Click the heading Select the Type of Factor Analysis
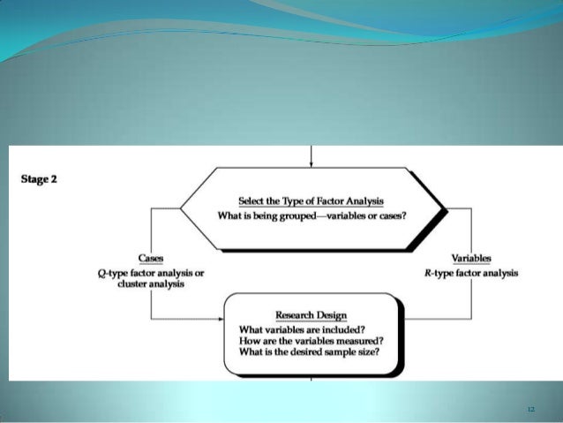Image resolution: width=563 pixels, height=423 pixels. [x=312, y=201]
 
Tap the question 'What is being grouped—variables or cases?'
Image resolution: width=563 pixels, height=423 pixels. [x=312, y=216]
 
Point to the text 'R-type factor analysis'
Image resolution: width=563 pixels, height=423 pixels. [x=471, y=274]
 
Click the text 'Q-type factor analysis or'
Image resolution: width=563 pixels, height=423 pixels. [x=151, y=274]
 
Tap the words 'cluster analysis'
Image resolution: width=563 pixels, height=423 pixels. [x=151, y=285]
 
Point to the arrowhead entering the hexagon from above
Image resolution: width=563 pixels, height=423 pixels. [x=312, y=163]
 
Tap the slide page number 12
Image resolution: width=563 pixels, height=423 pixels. [x=530, y=409]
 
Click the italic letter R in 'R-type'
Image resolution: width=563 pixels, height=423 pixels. [x=427, y=274]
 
